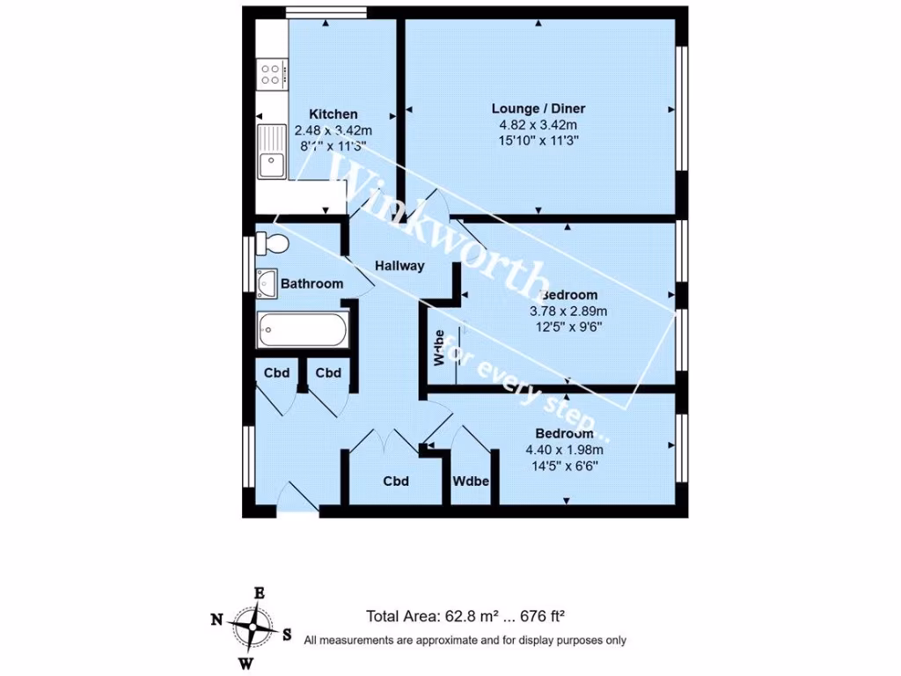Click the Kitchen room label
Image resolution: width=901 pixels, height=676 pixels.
[333, 114]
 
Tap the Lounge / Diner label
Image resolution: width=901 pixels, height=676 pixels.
[538, 109]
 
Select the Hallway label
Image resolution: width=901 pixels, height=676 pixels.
[399, 266]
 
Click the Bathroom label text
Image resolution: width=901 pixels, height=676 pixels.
[311, 283]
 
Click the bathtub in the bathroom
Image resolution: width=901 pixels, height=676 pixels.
[302, 331]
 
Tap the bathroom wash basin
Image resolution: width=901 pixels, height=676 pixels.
[267, 283]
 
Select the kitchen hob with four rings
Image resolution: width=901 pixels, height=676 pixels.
[272, 75]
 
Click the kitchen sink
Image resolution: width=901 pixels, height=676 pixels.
[271, 163]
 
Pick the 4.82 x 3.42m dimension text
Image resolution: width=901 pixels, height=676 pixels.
[538, 125]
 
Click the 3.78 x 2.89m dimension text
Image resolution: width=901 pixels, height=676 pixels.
[568, 311]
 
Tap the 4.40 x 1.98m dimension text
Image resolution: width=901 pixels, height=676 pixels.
[564, 451]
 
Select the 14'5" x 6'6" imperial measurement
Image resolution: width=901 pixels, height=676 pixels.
[564, 467]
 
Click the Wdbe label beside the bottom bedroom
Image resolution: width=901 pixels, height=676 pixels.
[471, 482]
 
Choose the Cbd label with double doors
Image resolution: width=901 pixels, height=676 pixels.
[396, 482]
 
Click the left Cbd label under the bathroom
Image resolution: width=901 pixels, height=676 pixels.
[276, 373]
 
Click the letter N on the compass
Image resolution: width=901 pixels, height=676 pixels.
[216, 621]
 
